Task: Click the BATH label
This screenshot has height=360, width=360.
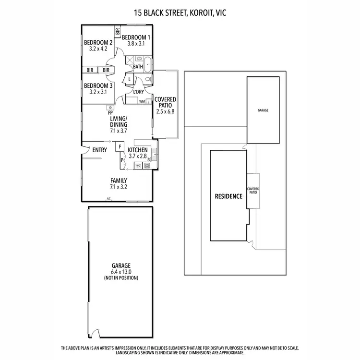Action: point(138,67)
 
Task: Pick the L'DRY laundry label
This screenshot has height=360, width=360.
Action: point(139,91)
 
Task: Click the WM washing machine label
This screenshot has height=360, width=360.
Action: point(142,101)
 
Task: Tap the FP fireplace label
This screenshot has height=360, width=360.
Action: point(110,113)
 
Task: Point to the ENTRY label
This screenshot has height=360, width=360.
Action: point(99,150)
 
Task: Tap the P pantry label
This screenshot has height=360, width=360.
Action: point(122,160)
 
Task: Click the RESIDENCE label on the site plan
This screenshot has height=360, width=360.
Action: point(228,196)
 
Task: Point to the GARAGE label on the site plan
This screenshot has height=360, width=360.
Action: point(263,110)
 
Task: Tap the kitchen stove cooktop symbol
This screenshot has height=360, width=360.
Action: point(147,166)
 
